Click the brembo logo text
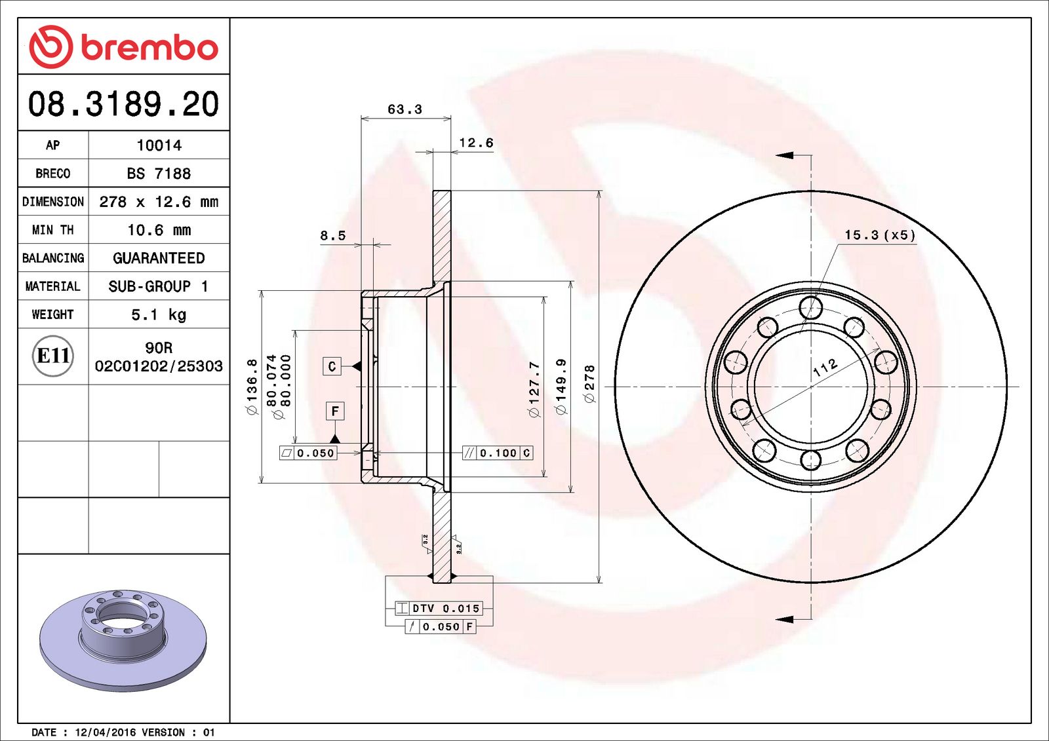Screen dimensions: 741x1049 [149, 47]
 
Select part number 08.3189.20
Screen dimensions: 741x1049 [123, 104]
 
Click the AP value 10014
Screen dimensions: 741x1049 [159, 145]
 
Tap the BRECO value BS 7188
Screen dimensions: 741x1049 [159, 174]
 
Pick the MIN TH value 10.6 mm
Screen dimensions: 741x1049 [159, 230]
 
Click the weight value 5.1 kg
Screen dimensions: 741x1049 [159, 314]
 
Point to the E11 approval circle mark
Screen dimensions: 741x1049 [52, 356]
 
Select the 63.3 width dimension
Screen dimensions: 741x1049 [405, 109]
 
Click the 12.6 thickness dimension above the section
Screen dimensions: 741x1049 [475, 143]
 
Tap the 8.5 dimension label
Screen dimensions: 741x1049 [332, 236]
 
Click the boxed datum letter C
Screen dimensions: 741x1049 [332, 366]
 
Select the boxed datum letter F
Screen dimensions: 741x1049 [335, 411]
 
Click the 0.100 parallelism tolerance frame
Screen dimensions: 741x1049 [498, 453]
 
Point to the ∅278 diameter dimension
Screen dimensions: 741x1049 [589, 384]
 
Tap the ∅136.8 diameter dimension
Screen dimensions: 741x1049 [252, 387]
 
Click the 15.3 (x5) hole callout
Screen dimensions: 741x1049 [879, 235]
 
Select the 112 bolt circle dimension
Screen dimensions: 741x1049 [825, 367]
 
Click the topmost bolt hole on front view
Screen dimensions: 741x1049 [811, 307]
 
